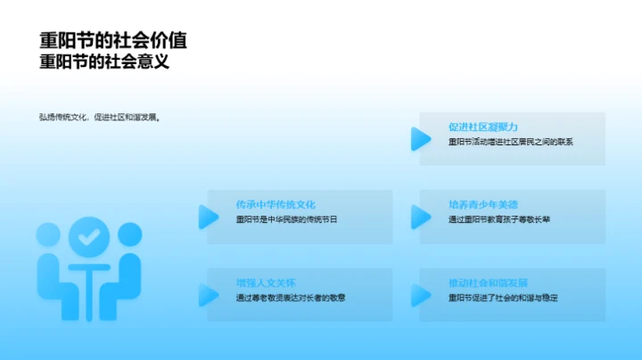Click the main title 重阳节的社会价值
[x=113, y=41]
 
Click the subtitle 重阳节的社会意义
[x=104, y=63]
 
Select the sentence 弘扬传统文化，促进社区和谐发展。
[x=99, y=117]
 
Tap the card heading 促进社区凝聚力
[x=482, y=127]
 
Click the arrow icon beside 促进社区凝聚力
[x=419, y=138]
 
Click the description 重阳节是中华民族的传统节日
[x=287, y=219]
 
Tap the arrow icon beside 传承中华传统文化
[x=208, y=217]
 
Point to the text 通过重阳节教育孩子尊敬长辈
[x=499, y=219]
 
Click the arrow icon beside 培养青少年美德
[x=419, y=217]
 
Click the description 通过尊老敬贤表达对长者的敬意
[x=292, y=298]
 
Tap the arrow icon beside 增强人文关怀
[x=208, y=294]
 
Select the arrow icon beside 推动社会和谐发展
[x=419, y=294]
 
